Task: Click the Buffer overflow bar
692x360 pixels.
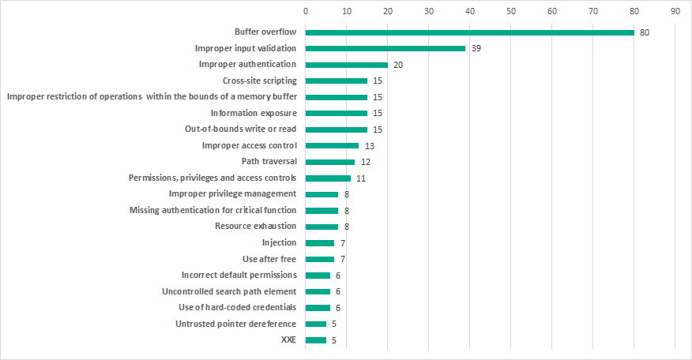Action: (x=469, y=32)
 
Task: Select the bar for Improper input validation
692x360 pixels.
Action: (x=385, y=48)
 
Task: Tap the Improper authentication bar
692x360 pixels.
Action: (x=346, y=65)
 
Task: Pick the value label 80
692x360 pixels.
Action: (x=645, y=32)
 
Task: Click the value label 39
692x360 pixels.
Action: (x=476, y=48)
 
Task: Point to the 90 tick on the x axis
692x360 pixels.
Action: (x=675, y=12)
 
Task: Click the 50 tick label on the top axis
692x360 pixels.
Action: (x=510, y=12)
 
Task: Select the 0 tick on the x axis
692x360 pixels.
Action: (x=306, y=12)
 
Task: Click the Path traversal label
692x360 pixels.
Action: (x=269, y=162)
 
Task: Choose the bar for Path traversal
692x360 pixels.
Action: (x=330, y=162)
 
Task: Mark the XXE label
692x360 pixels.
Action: (x=288, y=340)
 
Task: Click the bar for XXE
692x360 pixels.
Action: (x=316, y=340)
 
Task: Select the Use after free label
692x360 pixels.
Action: (x=269, y=259)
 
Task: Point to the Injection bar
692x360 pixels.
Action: (x=320, y=242)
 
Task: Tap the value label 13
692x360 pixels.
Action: (x=369, y=145)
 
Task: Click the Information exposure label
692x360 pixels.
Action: (x=254, y=113)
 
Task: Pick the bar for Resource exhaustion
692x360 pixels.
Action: (x=322, y=227)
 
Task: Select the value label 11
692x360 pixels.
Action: (x=361, y=178)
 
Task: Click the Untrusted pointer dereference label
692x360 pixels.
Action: (x=235, y=324)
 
